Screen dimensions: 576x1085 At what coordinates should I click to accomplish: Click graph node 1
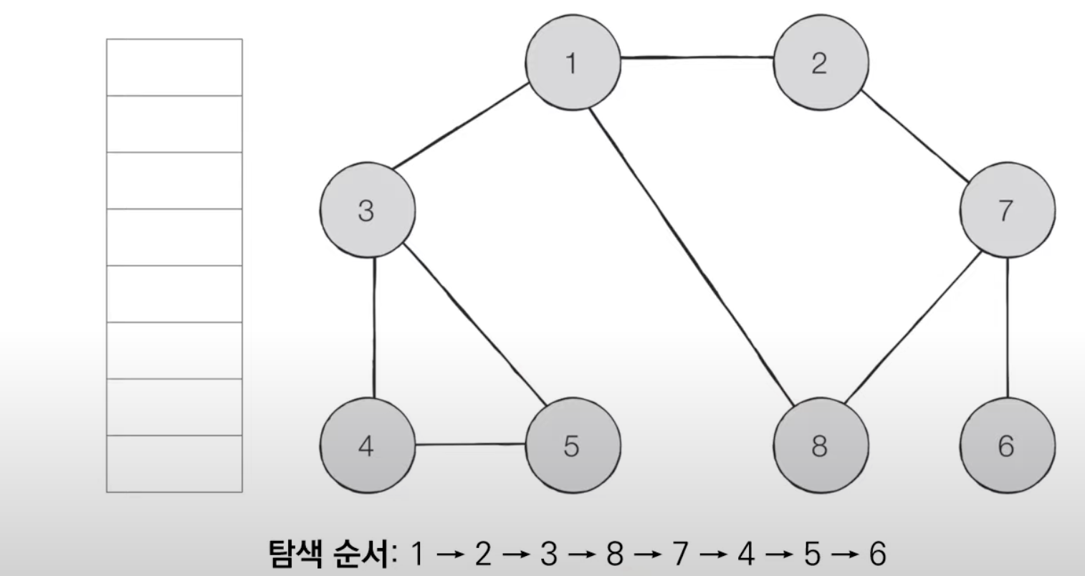[573, 63]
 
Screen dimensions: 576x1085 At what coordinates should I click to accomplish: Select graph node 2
[820, 63]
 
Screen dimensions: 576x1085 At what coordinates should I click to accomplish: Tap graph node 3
[367, 211]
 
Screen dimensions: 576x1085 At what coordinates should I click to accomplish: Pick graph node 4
[367, 446]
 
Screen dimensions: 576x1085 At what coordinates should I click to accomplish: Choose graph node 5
[573, 446]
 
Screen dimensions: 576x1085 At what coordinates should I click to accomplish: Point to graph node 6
[1007, 446]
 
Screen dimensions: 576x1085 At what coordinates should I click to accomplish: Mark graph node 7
[1007, 211]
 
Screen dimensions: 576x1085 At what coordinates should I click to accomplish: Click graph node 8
[820, 446]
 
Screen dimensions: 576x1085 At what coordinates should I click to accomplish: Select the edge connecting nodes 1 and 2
[697, 57]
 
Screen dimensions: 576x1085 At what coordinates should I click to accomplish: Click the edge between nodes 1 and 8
[692, 254]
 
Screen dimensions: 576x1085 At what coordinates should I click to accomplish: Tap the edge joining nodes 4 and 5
[470, 444]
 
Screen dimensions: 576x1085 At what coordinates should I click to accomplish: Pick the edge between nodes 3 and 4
[374, 327]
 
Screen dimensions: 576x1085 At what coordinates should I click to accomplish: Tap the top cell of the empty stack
[174, 67]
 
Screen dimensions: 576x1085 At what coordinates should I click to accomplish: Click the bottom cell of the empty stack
[174, 464]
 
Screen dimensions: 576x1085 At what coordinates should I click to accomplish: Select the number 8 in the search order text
[614, 554]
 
